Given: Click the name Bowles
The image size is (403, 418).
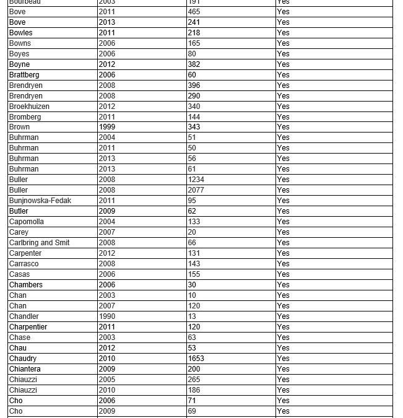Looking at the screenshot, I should [x=21, y=33].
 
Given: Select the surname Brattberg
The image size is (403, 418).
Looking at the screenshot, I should [x=24, y=75].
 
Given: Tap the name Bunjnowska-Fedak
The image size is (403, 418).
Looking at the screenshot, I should [x=40, y=201].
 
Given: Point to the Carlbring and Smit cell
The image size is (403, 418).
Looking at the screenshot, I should [x=39, y=243].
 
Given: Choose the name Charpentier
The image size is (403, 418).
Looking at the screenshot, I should [x=28, y=327].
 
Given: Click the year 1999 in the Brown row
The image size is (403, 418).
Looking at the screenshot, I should [x=107, y=127].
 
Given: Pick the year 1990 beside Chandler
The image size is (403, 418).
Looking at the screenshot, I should [x=107, y=316].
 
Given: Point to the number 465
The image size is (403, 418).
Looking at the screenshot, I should [x=194, y=12].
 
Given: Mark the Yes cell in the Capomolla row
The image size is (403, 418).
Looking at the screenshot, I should [x=283, y=222].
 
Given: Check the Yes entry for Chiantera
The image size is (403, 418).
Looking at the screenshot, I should [x=283, y=369].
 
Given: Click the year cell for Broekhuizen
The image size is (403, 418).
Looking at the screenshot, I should [x=107, y=107].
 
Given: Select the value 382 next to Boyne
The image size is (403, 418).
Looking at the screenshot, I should [x=194, y=64].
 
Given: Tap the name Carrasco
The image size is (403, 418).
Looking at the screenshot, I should [x=24, y=264].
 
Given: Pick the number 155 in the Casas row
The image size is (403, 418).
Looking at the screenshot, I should [x=194, y=274].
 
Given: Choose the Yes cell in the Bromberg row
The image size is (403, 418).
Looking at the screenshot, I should [x=283, y=116].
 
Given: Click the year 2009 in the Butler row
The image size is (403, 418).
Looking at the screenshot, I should [x=107, y=211].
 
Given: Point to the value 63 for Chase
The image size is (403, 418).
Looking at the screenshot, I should [x=192, y=337].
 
